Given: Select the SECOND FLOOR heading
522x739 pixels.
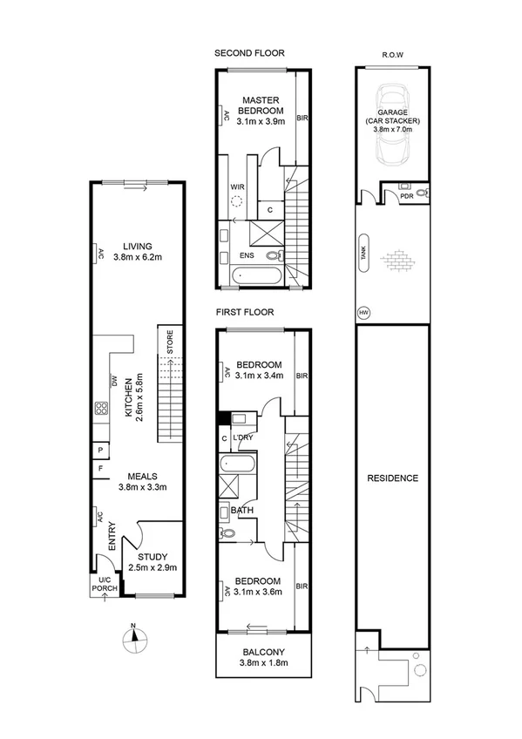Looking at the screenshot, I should point(249,53).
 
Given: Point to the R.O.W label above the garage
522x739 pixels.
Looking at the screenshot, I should point(391,54).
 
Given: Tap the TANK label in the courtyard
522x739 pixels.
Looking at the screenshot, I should point(363,253).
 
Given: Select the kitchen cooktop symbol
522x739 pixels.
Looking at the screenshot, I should point(101,408).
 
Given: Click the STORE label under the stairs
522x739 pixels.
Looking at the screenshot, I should point(171,340).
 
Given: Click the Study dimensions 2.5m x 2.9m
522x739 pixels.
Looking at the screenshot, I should point(153,567).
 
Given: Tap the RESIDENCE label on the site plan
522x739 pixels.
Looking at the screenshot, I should point(392,478).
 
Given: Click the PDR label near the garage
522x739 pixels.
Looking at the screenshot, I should point(406,197).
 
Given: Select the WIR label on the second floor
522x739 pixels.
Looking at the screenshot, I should point(236,186).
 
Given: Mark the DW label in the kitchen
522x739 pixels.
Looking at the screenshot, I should point(113,380).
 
